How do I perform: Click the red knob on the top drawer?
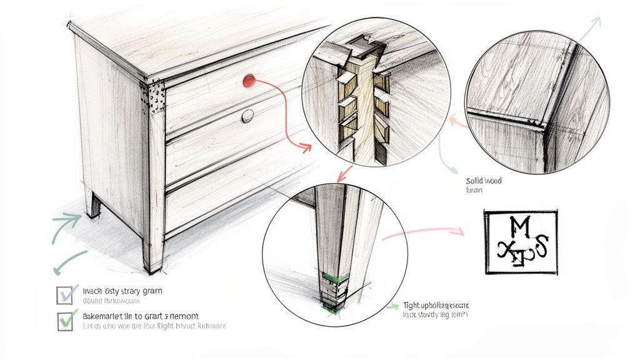click(249, 80)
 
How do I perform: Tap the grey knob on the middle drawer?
click(247, 115)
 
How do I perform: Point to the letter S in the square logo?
click(541, 248)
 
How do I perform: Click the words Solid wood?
click(484, 181)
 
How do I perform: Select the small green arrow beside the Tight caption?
click(392, 306)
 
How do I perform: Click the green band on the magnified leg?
click(334, 277)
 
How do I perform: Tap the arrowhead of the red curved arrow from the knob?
click(306, 148)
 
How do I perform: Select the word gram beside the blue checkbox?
click(154, 291)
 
